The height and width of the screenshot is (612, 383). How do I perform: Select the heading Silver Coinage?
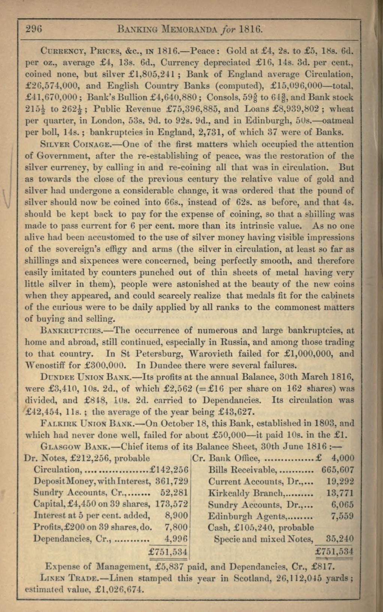pyautogui.click(x=65, y=144)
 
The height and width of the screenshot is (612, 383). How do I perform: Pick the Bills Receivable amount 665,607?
pyautogui.click(x=337, y=469)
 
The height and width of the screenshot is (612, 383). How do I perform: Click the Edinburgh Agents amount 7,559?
pyautogui.click(x=342, y=516)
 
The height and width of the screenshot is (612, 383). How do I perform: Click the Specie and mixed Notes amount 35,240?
pyautogui.click(x=340, y=539)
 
